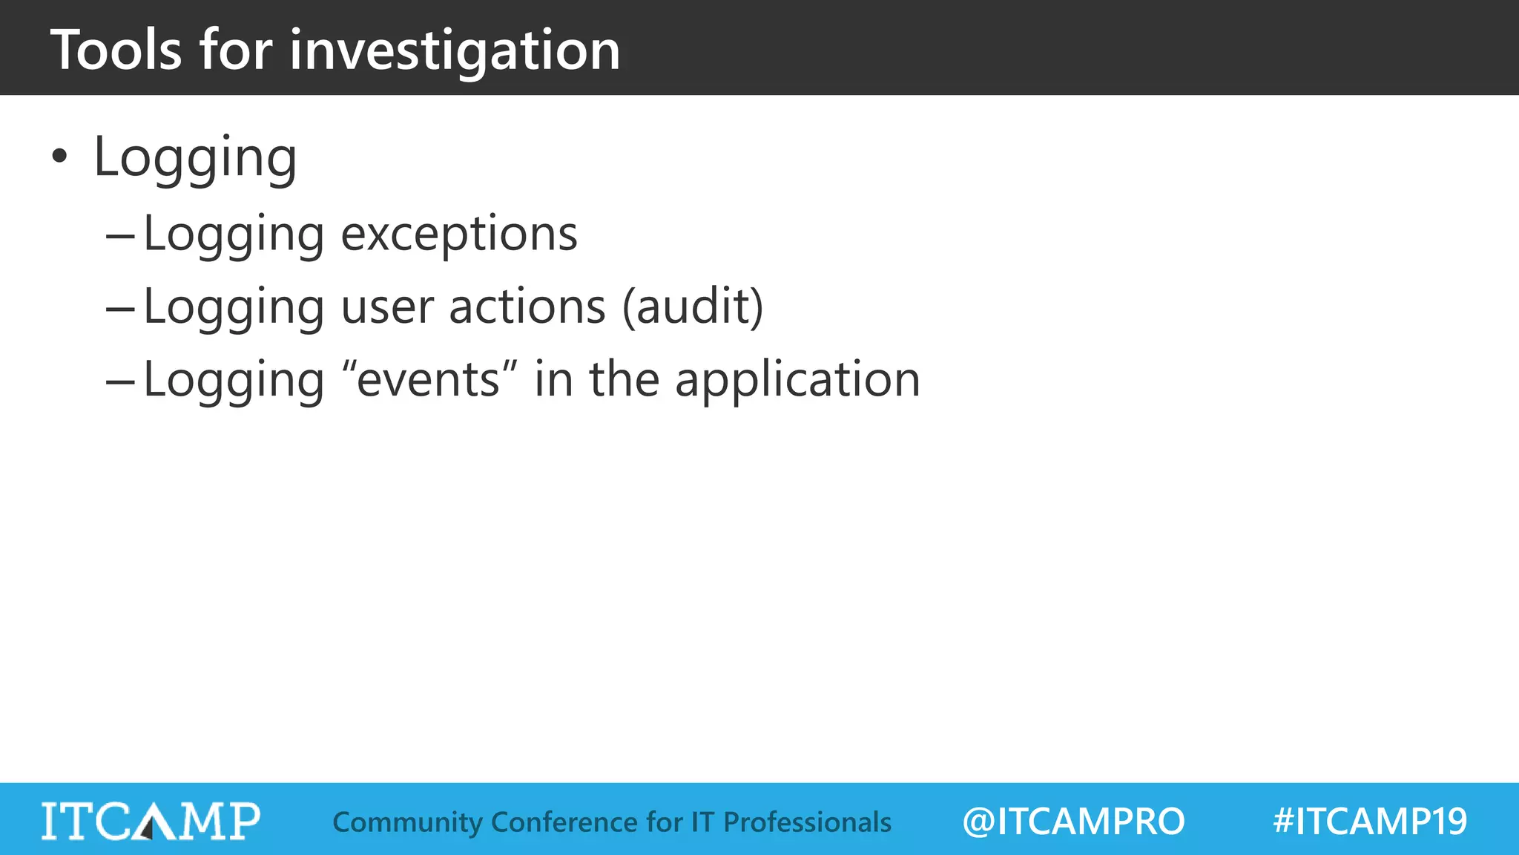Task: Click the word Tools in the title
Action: click(116, 50)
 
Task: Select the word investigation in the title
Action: click(455, 50)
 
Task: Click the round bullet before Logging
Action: click(59, 157)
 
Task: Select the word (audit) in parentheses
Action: click(692, 307)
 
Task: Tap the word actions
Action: click(527, 307)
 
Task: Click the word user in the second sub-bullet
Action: click(386, 307)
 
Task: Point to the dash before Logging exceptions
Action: click(120, 237)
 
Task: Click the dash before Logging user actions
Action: click(120, 309)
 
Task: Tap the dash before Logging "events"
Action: click(120, 382)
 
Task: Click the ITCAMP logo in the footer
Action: click(151, 821)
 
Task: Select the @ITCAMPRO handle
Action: click(1073, 822)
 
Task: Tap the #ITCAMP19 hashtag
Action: click(1369, 822)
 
